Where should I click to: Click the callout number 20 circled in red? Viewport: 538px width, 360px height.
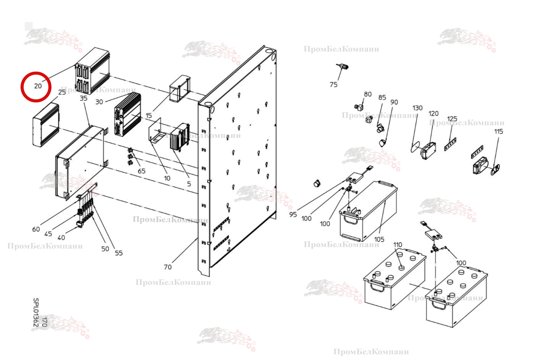pos(38,86)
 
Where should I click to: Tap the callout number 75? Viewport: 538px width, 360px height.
pos(333,85)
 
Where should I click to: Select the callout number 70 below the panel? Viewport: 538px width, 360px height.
pos(168,267)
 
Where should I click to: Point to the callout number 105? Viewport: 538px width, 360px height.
pos(379,239)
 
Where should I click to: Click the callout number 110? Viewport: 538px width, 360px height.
pos(397,245)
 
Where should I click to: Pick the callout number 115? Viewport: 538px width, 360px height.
pos(498,131)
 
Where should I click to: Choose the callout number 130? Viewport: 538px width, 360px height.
pos(417,108)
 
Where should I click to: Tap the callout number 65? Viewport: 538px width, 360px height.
pos(141,171)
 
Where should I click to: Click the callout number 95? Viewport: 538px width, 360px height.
pos(293,214)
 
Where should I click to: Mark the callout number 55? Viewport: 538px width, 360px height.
pos(119,253)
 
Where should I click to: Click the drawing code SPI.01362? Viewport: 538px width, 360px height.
pos(36,312)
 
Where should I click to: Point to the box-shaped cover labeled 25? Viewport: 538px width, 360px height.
pos(46,125)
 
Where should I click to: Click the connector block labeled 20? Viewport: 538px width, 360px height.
pos(92,70)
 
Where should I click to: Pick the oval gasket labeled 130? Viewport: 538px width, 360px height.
pos(415,147)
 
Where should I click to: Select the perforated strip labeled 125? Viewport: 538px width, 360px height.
pos(450,144)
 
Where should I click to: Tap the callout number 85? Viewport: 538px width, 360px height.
pos(382,98)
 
